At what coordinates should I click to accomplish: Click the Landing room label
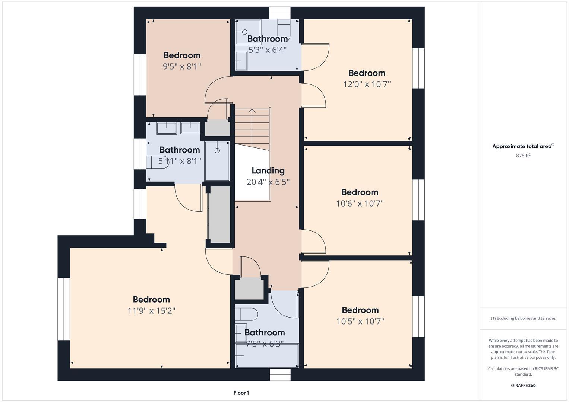[268, 171]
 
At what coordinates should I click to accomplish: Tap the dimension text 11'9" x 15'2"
[151, 311]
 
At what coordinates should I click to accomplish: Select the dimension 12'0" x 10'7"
[367, 84]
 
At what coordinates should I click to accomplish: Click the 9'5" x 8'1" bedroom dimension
[182, 67]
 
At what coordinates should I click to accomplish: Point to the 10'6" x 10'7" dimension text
[360, 204]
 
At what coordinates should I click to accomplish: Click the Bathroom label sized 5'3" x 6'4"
[267, 39]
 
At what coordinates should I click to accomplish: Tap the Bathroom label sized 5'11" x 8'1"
[180, 150]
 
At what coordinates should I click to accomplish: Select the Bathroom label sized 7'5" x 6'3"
[265, 332]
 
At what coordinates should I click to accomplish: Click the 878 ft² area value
[523, 156]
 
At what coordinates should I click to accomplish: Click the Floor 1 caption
[241, 393]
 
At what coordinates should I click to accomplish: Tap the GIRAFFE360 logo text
[523, 385]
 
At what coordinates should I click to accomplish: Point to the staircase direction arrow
[252, 111]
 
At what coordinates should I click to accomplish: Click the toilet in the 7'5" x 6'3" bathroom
[246, 314]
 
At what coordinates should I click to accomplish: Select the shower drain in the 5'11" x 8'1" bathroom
[217, 150]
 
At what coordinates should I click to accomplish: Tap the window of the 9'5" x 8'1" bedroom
[140, 74]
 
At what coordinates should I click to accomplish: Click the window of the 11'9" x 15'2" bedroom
[64, 309]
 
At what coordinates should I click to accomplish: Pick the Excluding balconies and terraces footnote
[523, 318]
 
